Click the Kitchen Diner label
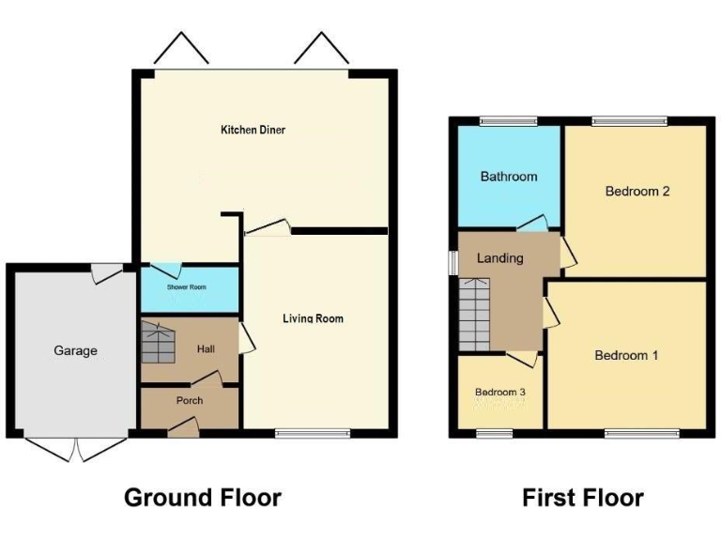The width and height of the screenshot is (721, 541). point(253,130)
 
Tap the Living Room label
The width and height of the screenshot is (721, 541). point(313,318)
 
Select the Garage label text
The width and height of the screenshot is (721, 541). point(75,350)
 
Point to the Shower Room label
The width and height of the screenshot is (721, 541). point(187,287)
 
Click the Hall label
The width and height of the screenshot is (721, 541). point(207,349)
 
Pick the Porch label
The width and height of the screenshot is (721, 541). point(190,400)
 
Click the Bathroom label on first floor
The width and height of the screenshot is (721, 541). point(509,177)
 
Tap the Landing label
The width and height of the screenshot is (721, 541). point(499,258)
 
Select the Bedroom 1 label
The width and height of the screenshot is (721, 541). point(626,355)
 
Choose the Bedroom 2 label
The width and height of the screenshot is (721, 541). point(637,192)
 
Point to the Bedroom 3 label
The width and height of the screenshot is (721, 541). point(499,392)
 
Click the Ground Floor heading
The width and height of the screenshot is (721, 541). point(203,497)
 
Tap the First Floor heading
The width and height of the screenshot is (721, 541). point(583,497)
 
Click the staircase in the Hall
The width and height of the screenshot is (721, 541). point(158,342)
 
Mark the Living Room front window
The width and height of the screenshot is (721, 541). point(313,433)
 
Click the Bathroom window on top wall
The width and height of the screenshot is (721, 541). point(508,120)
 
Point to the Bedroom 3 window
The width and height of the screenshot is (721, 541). point(499,433)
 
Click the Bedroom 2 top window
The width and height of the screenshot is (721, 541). point(629,120)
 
